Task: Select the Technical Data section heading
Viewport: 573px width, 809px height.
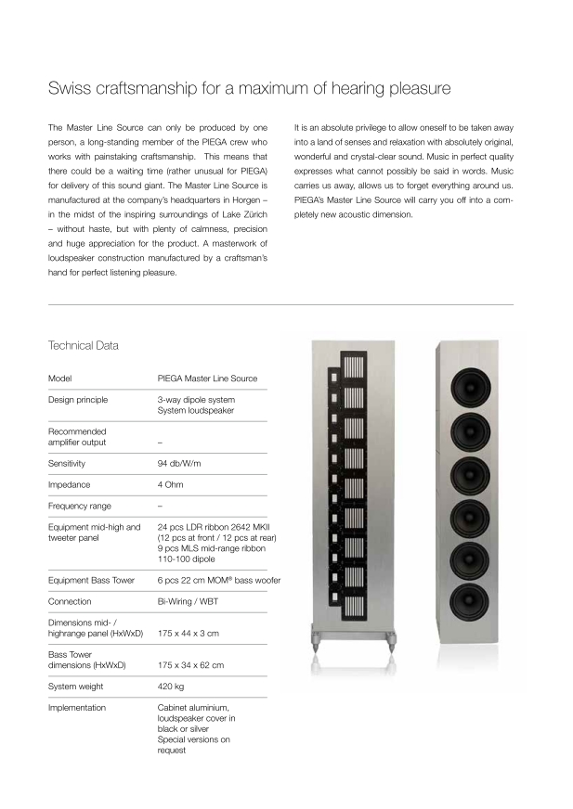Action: (x=84, y=345)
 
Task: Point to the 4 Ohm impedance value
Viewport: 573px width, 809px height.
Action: (x=173, y=483)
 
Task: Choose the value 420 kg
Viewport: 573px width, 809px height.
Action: (x=173, y=687)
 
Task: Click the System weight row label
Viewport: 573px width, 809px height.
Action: (x=76, y=687)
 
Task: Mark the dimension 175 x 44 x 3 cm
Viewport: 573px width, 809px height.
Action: (x=194, y=634)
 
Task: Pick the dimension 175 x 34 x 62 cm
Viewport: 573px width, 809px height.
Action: (x=197, y=665)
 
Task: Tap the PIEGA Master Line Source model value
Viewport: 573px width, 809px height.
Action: (x=207, y=379)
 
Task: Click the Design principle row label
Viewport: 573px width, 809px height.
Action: (x=78, y=400)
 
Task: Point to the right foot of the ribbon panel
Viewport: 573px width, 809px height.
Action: (x=390, y=640)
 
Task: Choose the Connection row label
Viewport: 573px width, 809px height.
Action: (x=70, y=601)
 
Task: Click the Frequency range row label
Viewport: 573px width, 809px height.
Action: (x=79, y=505)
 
